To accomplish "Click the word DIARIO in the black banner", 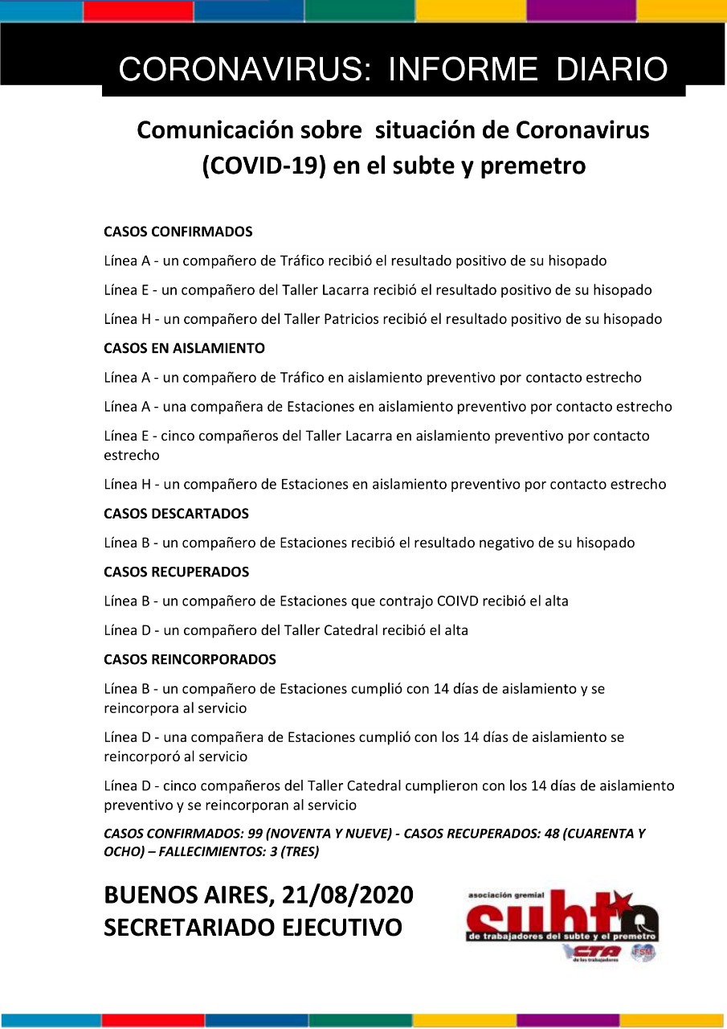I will point(612,70).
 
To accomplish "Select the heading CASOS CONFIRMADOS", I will point(178,232).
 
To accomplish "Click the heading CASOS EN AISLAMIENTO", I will point(184,349).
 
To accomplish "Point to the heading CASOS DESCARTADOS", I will point(176,514).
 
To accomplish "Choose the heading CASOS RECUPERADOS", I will point(176,572).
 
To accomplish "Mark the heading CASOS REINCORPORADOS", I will point(190,660).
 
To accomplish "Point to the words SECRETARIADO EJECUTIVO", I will point(253,927).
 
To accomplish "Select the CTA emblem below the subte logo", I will point(595,952).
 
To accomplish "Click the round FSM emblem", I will point(643,953).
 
